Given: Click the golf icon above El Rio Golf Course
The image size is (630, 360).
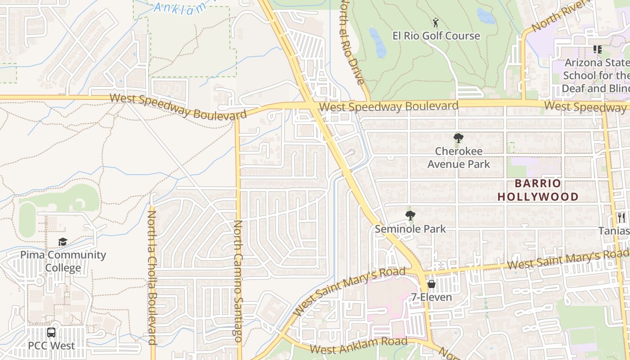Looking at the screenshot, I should (435, 22).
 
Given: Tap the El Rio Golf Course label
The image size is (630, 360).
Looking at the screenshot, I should (436, 36).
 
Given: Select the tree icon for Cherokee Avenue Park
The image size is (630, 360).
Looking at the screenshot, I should (458, 138).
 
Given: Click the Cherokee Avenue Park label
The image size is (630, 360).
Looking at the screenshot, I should (459, 157).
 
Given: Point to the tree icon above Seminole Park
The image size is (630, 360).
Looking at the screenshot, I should (410, 216).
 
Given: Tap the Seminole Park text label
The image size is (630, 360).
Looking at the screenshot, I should (410, 229).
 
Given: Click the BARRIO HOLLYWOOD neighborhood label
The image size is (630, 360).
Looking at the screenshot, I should (538, 190).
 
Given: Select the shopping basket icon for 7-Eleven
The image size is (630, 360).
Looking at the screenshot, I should (431, 284).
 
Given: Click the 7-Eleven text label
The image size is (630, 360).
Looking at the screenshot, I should (431, 297).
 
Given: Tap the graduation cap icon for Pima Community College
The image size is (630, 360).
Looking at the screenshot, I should (63, 242).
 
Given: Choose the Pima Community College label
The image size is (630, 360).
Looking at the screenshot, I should (63, 261).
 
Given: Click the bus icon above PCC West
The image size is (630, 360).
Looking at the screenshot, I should (51, 333).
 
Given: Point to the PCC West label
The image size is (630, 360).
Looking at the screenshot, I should (51, 346).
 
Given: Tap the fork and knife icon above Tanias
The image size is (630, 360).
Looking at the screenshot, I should (621, 218).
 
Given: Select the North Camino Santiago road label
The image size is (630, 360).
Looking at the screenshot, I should (238, 281).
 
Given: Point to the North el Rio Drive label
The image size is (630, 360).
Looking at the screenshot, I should (351, 43).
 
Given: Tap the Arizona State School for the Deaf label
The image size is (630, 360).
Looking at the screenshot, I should (596, 75).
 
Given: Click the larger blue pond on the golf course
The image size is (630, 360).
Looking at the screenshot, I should (377, 43).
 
